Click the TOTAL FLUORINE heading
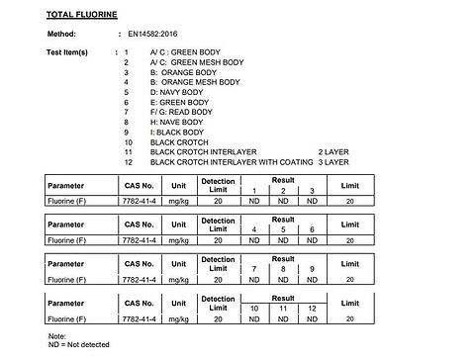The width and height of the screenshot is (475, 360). coord(82,15)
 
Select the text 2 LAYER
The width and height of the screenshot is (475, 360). coord(335,151)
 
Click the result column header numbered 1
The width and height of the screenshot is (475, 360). coord(254,190)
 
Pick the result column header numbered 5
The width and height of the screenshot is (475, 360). coord(283,229)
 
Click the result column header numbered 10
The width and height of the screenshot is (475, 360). coord(254,309)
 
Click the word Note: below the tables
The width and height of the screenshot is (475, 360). coord(56,336)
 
